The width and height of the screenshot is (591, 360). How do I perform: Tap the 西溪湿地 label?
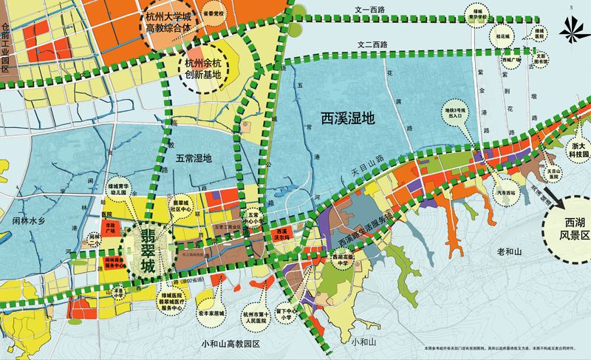[348, 117]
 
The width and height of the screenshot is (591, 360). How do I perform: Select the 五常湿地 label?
[194, 158]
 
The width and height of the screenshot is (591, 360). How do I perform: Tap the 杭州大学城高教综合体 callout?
[164, 24]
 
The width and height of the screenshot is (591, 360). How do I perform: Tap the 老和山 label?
[510, 252]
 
